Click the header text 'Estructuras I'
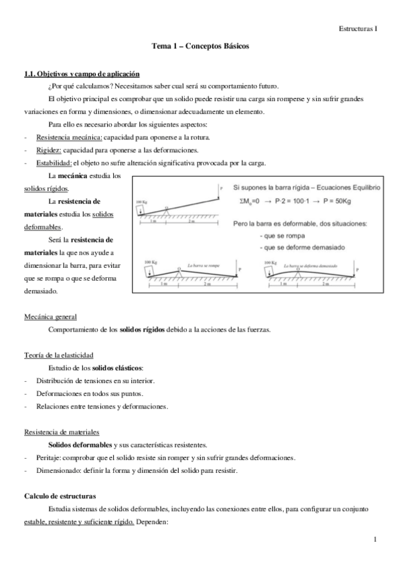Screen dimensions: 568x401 coord(357,29)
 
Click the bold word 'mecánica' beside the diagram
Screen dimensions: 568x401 coord(78,175)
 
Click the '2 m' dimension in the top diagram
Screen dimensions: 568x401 coord(192,221)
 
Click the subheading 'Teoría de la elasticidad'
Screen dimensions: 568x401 coord(58,354)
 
